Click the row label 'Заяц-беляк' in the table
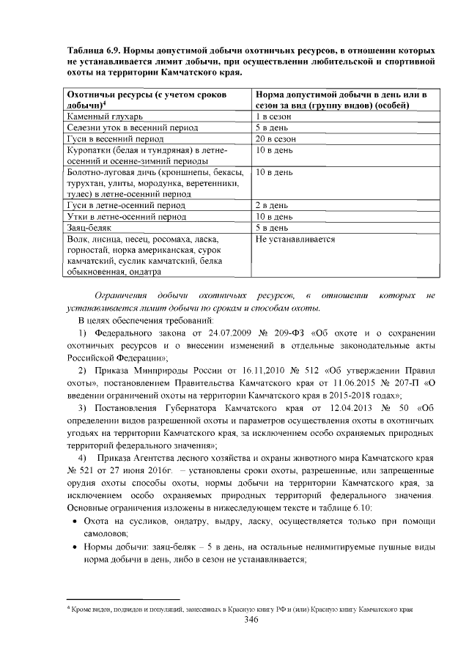point(88,228)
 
